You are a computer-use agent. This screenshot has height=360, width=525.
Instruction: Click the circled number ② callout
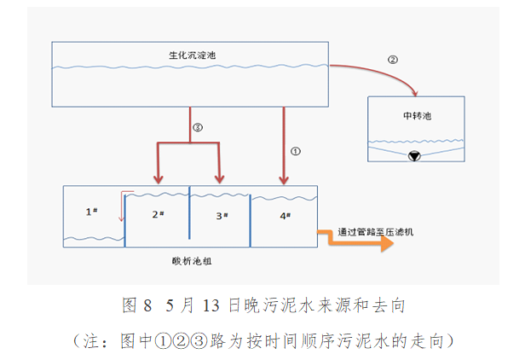click(x=392, y=60)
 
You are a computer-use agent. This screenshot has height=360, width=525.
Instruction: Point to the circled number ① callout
click(x=296, y=150)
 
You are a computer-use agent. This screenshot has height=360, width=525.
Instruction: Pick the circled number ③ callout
click(x=198, y=127)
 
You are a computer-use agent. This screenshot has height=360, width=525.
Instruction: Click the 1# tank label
click(x=93, y=211)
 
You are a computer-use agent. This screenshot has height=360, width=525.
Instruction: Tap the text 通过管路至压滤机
click(x=378, y=230)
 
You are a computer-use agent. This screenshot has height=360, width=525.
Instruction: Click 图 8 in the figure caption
click(x=136, y=305)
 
